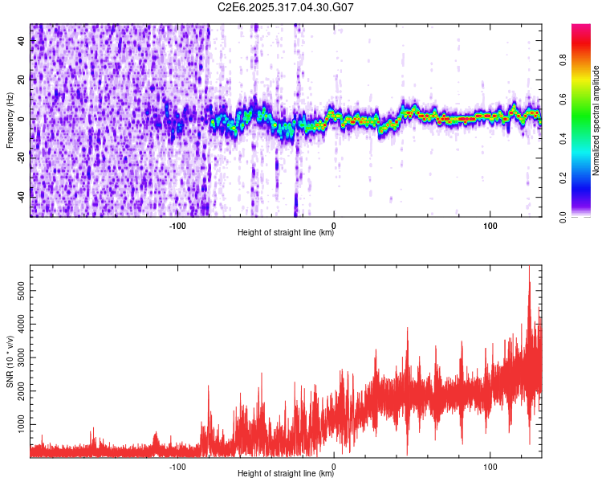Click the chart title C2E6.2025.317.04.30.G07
(286, 7)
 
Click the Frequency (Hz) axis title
(10, 120)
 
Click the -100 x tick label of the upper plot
(177, 226)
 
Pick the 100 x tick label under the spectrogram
(490, 226)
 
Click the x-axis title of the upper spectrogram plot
(286, 233)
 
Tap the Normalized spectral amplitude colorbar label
(596, 120)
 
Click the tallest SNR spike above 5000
(529, 269)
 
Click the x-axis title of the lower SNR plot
(286, 474)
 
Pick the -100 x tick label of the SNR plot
(177, 467)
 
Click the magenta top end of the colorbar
(580, 27)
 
